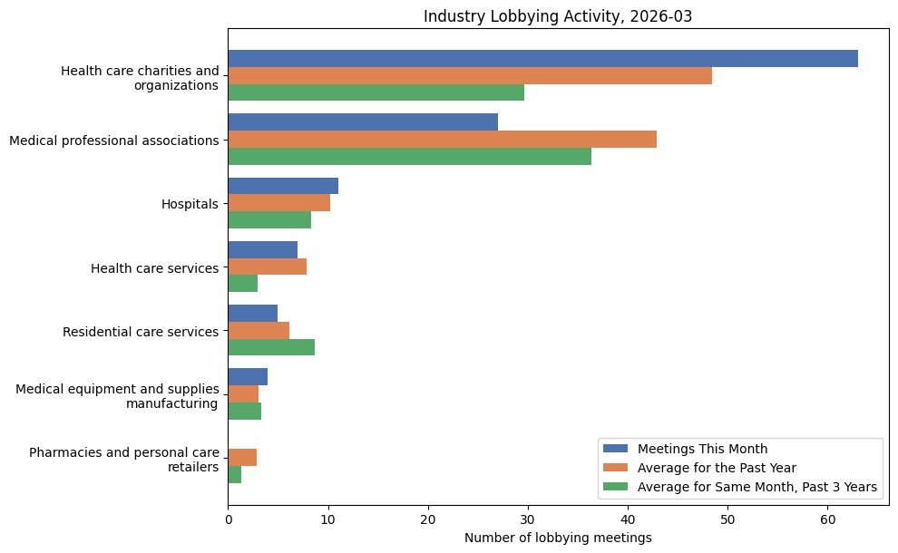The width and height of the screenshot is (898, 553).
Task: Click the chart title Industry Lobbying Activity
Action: [x=558, y=16]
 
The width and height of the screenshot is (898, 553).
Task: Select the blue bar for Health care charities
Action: [x=542, y=59]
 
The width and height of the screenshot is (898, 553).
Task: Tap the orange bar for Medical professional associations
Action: [x=442, y=140]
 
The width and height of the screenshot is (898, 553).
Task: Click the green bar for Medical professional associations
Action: [x=409, y=157]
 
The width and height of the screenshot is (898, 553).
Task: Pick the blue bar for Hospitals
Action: [x=283, y=186]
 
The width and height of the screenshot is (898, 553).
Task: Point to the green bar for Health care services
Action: [x=242, y=284]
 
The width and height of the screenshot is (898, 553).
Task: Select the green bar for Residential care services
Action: [x=271, y=347]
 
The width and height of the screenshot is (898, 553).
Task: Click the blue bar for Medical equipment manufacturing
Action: [x=248, y=376]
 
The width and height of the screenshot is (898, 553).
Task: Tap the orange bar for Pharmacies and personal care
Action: [x=242, y=457]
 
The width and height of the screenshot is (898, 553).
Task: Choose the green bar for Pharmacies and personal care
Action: [x=235, y=474]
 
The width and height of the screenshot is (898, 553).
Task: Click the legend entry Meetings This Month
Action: [x=702, y=449]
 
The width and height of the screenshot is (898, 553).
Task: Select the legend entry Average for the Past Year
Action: [x=717, y=468]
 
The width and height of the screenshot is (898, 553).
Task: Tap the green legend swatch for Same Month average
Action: [x=615, y=488]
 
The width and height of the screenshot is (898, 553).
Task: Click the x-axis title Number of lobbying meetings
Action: [x=558, y=538]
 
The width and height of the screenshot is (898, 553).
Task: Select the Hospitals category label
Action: [x=190, y=204]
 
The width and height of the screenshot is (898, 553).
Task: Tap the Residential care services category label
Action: [x=141, y=332]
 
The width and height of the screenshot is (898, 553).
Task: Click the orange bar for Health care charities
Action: [x=470, y=75]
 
